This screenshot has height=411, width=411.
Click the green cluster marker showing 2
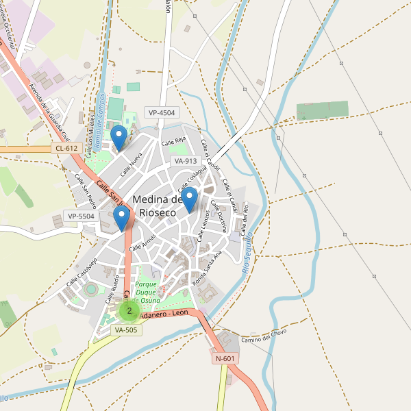click(x=129, y=310)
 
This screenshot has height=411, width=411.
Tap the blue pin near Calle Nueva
click(x=119, y=137)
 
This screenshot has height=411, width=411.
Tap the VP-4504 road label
click(x=162, y=112)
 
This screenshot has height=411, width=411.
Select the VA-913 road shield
click(x=186, y=161)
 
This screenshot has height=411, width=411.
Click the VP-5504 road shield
click(x=81, y=216)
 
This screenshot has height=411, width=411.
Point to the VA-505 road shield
click(x=126, y=329)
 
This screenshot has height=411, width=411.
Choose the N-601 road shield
click(x=225, y=358)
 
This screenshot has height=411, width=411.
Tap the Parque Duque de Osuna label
click(x=147, y=292)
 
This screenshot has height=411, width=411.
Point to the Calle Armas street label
click(x=143, y=242)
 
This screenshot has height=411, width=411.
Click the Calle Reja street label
click(x=174, y=141)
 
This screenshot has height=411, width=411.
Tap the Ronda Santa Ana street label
click(x=208, y=268)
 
